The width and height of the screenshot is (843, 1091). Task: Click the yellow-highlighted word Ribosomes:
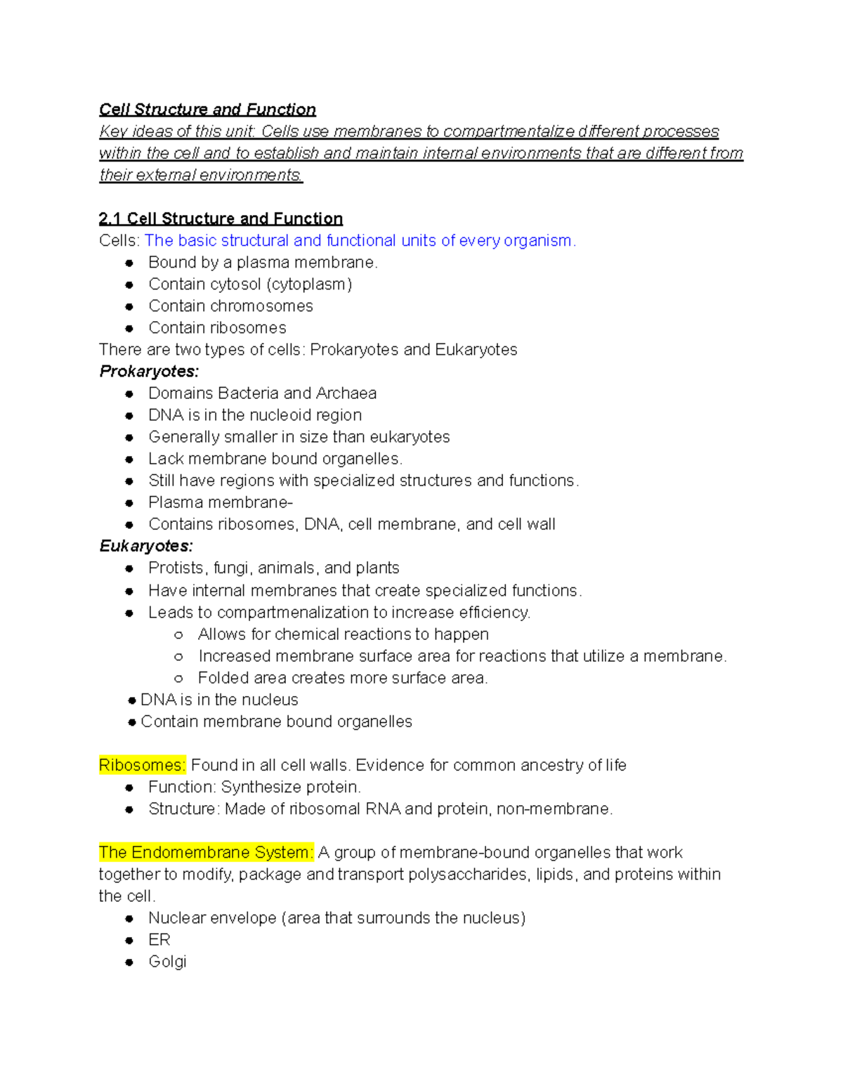[x=143, y=765]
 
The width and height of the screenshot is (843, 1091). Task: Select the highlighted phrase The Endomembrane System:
[x=207, y=852]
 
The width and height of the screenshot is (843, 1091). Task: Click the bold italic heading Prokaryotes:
[x=149, y=371]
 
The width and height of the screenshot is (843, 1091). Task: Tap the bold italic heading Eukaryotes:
[x=146, y=546]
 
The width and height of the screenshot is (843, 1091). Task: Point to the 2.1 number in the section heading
[x=110, y=218]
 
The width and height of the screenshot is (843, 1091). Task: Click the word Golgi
[x=167, y=961]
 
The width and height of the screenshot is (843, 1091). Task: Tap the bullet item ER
[x=159, y=939]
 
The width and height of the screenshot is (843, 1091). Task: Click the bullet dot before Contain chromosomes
[x=129, y=306]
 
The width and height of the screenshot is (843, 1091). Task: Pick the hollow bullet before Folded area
[x=178, y=678]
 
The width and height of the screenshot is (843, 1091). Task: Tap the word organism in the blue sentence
[x=537, y=240]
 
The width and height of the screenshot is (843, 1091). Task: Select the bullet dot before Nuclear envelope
[x=129, y=918]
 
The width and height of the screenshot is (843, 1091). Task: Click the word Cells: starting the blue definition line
[x=119, y=240]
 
